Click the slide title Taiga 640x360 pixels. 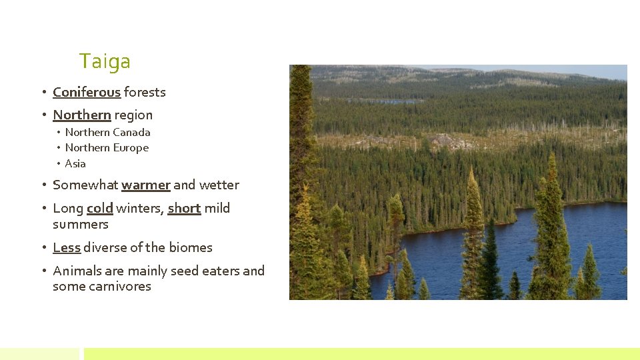pos(105,62)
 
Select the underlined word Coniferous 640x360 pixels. pos(87,92)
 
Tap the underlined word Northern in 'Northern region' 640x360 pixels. pos(81,115)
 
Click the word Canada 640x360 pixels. pos(132,132)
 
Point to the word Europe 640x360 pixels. pos(131,147)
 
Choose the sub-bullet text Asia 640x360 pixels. pos(75,163)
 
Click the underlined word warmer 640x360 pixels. pos(146,185)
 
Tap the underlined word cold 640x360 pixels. pos(100,208)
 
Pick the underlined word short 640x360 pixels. pos(184,208)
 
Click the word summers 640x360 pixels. pos(80,224)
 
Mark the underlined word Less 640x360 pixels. pos(67,247)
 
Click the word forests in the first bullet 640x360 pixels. pos(145,92)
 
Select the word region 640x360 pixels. pos(133,115)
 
